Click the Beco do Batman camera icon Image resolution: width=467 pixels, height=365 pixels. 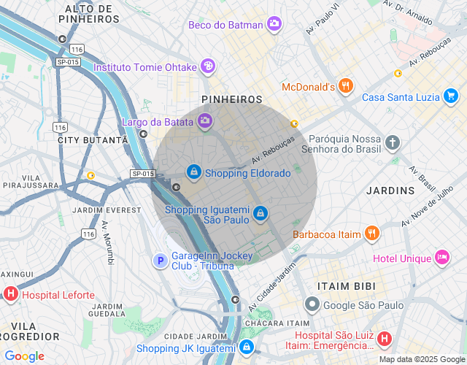(x=274, y=24)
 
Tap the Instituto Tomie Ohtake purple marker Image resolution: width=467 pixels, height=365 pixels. (x=208, y=67)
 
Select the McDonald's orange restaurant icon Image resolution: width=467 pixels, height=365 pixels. (x=346, y=87)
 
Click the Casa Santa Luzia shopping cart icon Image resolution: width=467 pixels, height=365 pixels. (x=451, y=96)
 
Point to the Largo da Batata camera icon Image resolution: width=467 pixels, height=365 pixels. (x=206, y=120)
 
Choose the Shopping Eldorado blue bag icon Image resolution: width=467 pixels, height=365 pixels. (x=193, y=172)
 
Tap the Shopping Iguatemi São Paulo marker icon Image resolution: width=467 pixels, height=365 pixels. (x=260, y=213)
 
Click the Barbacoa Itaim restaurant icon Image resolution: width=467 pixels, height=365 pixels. (x=372, y=234)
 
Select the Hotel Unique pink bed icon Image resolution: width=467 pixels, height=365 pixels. (x=442, y=258)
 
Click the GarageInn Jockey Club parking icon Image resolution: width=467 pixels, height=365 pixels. (x=160, y=260)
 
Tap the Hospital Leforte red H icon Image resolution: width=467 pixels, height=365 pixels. (x=11, y=295)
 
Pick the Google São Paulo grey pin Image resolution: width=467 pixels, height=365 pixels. (x=312, y=304)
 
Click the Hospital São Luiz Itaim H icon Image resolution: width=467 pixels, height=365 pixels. (x=385, y=339)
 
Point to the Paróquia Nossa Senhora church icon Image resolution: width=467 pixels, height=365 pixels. (x=393, y=142)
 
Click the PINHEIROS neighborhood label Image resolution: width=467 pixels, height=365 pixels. (x=231, y=99)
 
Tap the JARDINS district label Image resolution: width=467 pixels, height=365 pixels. (x=392, y=191)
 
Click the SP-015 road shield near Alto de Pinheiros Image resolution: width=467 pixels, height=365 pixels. (x=68, y=62)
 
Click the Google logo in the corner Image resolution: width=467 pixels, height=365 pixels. (x=24, y=356)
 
